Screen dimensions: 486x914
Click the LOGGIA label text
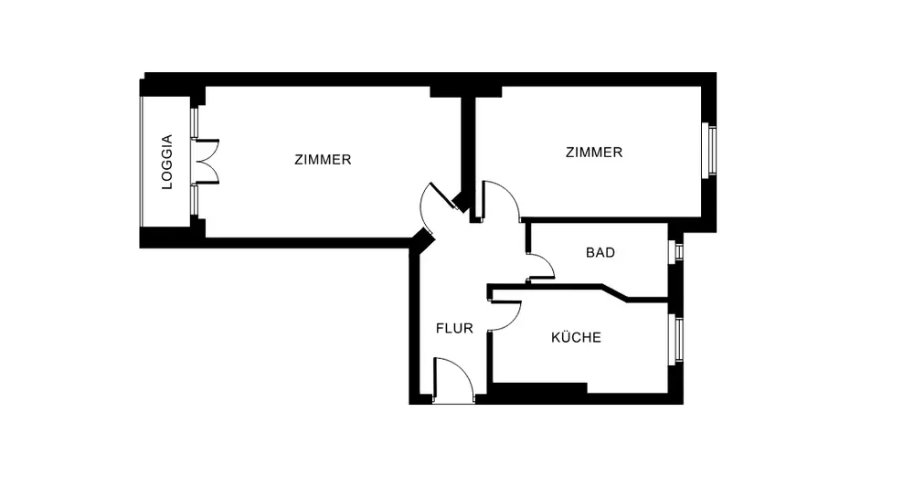[166, 163]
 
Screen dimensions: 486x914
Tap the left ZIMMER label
[323, 160]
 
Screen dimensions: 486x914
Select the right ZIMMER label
[594, 153]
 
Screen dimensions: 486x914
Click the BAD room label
[600, 253]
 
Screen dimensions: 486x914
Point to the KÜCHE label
[576, 338]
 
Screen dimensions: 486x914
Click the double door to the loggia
[207, 162]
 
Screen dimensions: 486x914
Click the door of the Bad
[541, 265]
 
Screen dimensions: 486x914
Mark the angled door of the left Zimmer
[437, 206]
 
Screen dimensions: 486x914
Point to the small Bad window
[677, 251]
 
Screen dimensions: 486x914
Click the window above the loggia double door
[194, 123]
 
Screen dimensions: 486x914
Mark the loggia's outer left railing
[142, 163]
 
